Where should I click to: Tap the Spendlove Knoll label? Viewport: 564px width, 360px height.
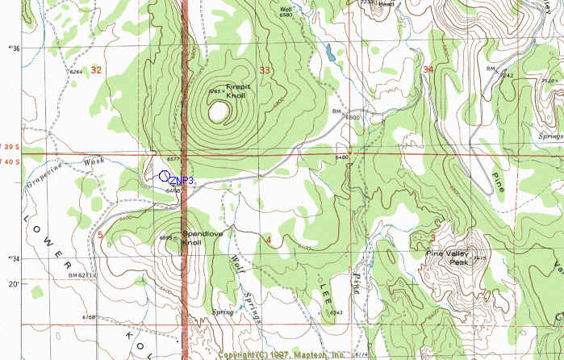click(201, 238)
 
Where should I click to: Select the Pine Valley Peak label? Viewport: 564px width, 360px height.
click(448, 257)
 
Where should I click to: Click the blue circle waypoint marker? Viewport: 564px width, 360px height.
click(165, 175)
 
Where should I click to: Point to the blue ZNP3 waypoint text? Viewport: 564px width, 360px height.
click(183, 180)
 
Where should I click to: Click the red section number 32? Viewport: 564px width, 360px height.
click(97, 70)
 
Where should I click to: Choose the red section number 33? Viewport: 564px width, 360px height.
click(264, 71)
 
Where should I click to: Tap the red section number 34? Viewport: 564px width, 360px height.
click(427, 70)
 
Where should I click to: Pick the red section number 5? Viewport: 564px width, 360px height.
click(100, 235)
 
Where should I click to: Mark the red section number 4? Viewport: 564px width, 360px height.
click(267, 240)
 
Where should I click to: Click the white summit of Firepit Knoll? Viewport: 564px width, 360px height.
click(216, 112)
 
